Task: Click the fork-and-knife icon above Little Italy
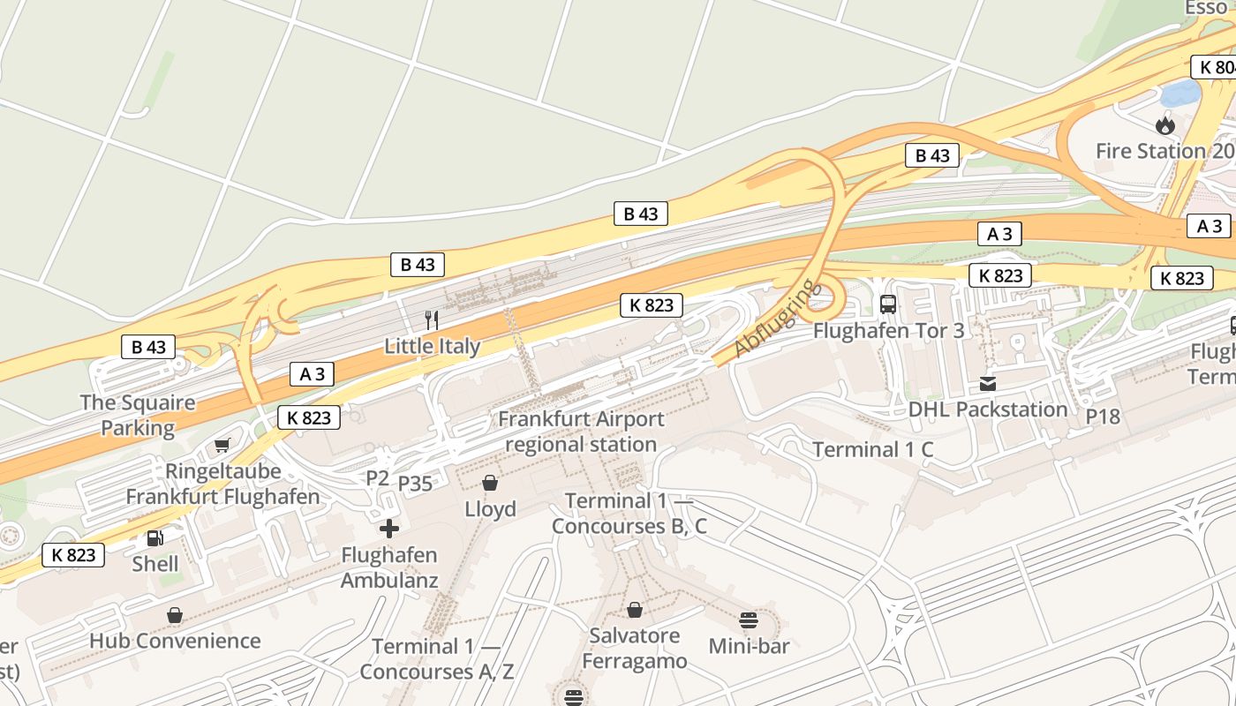pos(432,320)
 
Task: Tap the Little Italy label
pos(432,346)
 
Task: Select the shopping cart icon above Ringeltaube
pos(222,446)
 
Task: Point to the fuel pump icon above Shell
pos(154,537)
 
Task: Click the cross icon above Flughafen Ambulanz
pos(389,529)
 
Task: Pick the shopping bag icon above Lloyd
pos(490,483)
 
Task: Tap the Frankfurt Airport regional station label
pos(580,432)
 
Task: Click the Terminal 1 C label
pos(872,449)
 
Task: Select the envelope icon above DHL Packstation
pos(987,384)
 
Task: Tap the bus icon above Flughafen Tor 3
pos(888,304)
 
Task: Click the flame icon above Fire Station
pos(1165,125)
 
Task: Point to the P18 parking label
pos(1103,417)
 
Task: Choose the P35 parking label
pos(415,484)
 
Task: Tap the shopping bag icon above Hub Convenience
pos(175,615)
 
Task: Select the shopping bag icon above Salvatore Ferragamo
pos(634,610)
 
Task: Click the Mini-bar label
pos(749,646)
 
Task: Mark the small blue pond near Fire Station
pos(1179,92)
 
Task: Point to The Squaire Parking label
pos(138,416)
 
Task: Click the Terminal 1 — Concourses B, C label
pos(629,514)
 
